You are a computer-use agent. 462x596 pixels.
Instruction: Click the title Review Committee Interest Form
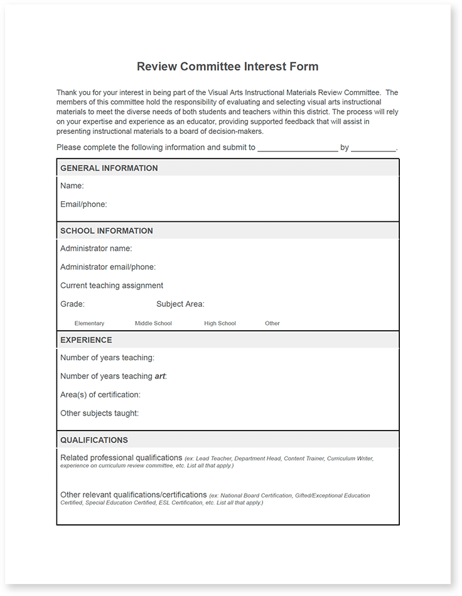coord(227,67)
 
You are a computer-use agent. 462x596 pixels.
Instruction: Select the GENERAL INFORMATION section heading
coord(109,168)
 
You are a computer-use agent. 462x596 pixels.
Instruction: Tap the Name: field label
coord(72,186)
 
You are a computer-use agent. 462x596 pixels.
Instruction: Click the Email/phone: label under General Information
coord(83,204)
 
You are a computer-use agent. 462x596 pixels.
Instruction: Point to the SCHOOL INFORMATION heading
coord(107,231)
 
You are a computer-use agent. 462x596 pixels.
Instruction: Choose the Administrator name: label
coord(96,249)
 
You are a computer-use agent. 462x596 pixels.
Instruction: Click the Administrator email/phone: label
coord(108,267)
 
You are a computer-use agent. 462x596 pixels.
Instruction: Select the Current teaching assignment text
coord(112,285)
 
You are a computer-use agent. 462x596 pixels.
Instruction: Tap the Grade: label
coord(73,304)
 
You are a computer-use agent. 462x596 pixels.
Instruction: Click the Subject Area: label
coord(180,304)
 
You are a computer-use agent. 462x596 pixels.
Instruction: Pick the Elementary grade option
coord(89,323)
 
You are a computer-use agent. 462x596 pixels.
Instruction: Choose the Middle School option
coord(153,323)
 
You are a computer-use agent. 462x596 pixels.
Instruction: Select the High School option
coord(220,323)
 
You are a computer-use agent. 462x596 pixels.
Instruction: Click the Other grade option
coord(272,323)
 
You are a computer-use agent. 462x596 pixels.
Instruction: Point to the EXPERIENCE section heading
coord(86,340)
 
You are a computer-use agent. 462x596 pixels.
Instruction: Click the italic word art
coord(159,377)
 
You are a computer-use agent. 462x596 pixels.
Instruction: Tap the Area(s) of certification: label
coord(100,395)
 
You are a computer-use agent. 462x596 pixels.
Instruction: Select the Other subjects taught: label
coord(100,413)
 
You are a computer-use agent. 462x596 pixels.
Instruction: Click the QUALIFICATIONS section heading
coord(94,440)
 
